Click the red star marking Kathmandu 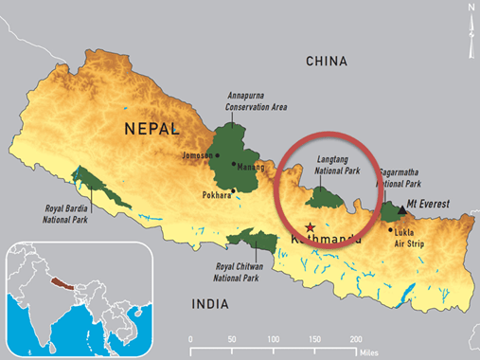tap(310, 225)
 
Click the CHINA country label tap(327, 62)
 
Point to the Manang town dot tap(233, 164)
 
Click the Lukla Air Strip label tap(408, 236)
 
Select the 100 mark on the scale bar tap(274, 338)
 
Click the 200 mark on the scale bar tap(356, 338)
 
